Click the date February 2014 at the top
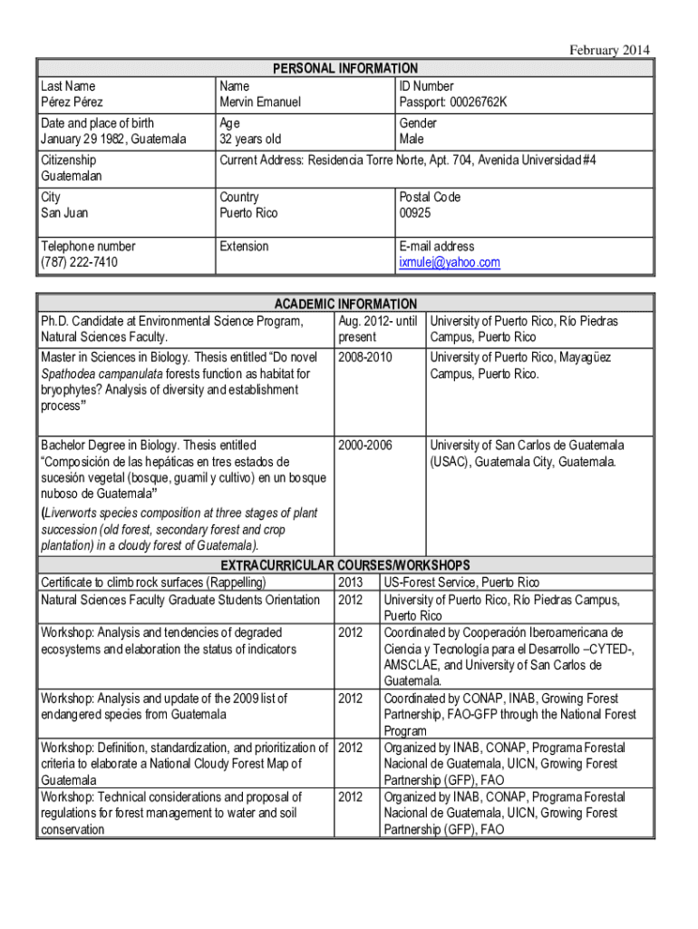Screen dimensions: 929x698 tap(608, 50)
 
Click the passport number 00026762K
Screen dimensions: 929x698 tap(453, 102)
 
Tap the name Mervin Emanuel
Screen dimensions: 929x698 tap(260, 102)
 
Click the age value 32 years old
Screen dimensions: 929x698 tap(250, 139)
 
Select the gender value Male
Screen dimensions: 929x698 tap(413, 139)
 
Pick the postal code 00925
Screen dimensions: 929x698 tap(415, 213)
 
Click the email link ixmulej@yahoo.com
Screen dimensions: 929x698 tap(449, 262)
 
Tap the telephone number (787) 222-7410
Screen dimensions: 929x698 tap(80, 262)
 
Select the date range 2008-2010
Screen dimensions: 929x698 tap(364, 357)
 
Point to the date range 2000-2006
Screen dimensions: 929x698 tap(364, 445)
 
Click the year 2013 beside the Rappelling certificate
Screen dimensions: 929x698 tap(350, 582)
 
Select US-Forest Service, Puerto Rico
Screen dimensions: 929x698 tap(460, 582)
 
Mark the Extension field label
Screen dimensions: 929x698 tap(244, 246)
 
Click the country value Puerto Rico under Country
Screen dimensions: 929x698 tap(248, 213)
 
